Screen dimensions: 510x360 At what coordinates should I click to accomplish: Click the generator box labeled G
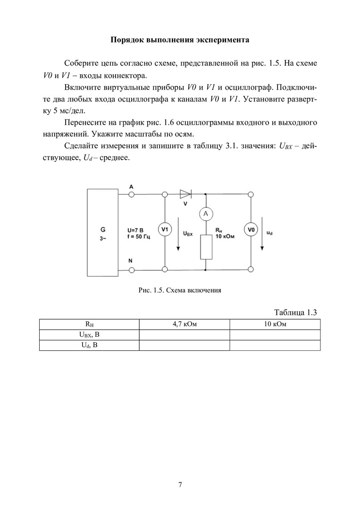point(102,231)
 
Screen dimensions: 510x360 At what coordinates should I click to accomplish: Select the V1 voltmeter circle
point(165,230)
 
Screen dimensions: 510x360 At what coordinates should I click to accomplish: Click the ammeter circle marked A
point(206,214)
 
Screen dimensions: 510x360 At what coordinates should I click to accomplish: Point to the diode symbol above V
point(185,194)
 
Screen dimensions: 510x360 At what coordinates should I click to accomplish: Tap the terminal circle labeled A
point(132,194)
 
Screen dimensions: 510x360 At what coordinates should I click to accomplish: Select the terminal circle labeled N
point(132,270)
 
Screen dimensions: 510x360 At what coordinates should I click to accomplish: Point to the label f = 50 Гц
point(139,237)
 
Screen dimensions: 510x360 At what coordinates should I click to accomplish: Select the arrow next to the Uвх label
point(178,234)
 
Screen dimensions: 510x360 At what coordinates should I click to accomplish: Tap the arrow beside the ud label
point(263,234)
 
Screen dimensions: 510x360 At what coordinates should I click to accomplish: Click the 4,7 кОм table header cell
point(184,324)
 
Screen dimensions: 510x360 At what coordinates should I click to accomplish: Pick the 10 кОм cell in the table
point(275,324)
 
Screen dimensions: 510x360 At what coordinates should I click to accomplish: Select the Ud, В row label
point(89,345)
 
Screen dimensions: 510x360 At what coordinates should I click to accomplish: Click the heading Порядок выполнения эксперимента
point(180,40)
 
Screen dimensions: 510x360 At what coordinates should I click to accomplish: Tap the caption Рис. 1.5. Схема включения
point(180,290)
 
